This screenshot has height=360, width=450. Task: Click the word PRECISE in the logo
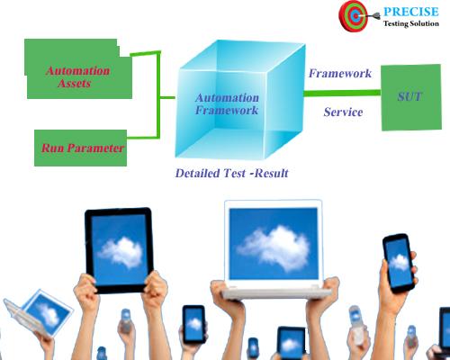[412, 13]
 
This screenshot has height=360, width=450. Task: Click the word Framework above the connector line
[339, 73]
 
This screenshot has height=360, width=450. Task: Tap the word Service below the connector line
[343, 112]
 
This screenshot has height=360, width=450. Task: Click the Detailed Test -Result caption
[231, 172]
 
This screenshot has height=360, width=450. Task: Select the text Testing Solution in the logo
[411, 24]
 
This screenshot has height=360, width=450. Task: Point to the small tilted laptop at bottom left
[36, 311]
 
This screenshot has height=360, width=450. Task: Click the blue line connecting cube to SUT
[342, 93]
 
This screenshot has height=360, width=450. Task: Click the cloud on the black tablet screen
[119, 248]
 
